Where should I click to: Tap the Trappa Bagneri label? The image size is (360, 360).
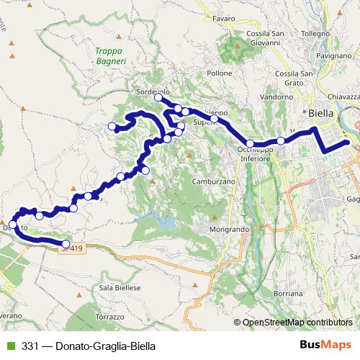110,56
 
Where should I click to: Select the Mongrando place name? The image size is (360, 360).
230,229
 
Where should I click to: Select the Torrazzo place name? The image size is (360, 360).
109,317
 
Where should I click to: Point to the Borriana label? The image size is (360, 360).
289,294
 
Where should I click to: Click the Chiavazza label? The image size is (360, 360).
343,96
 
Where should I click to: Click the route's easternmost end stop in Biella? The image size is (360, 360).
347,143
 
